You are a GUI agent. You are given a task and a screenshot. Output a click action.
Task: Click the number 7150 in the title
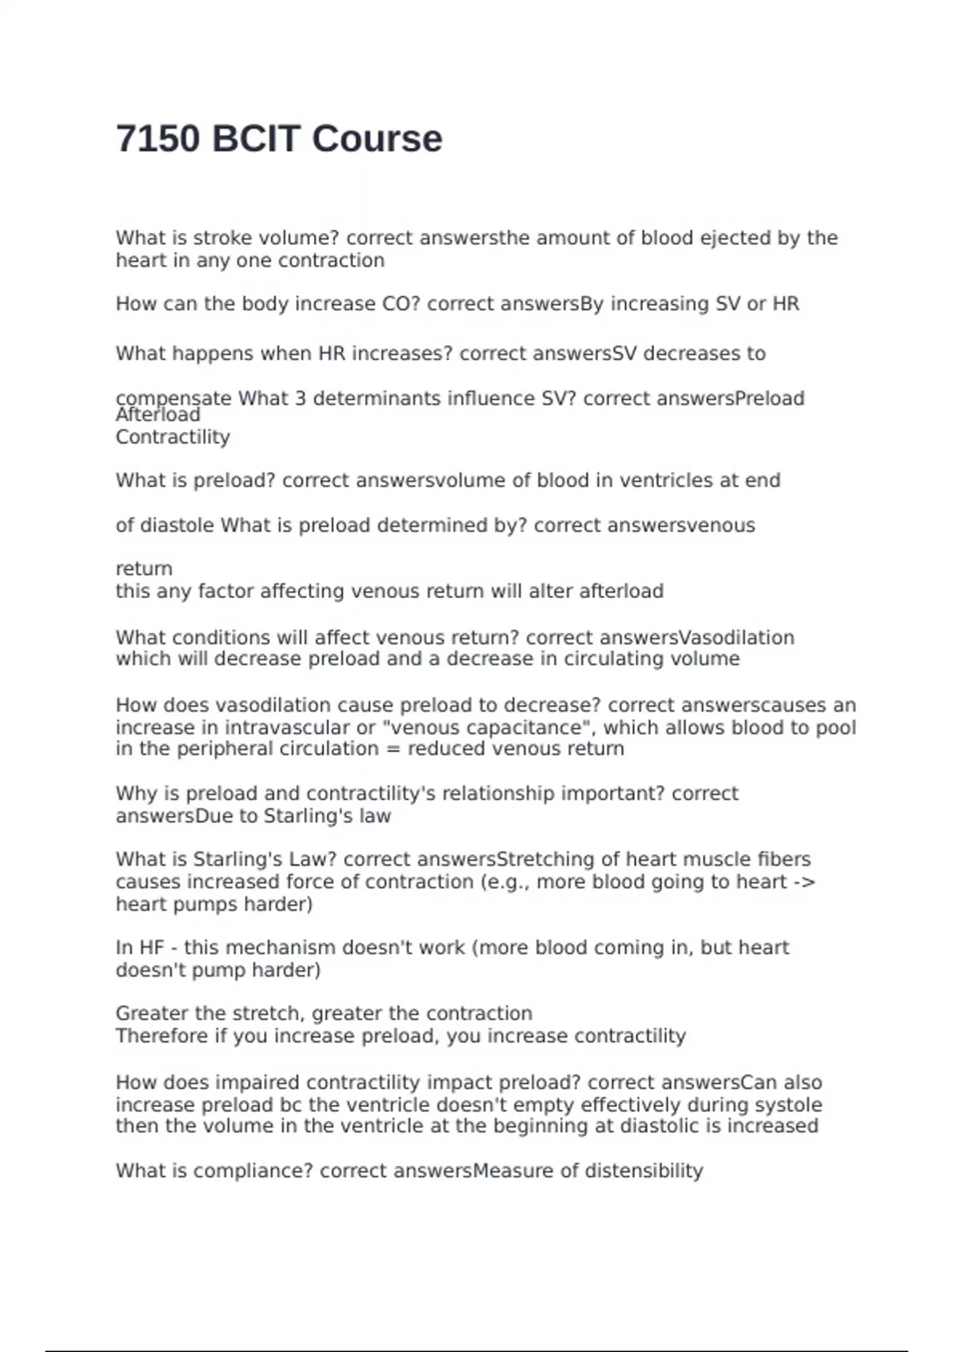coord(157,139)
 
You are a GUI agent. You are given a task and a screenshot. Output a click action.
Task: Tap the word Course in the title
coord(377,139)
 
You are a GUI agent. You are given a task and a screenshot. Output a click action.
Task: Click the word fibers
coord(783,860)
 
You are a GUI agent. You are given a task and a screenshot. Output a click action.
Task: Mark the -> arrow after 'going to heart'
coord(805,882)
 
